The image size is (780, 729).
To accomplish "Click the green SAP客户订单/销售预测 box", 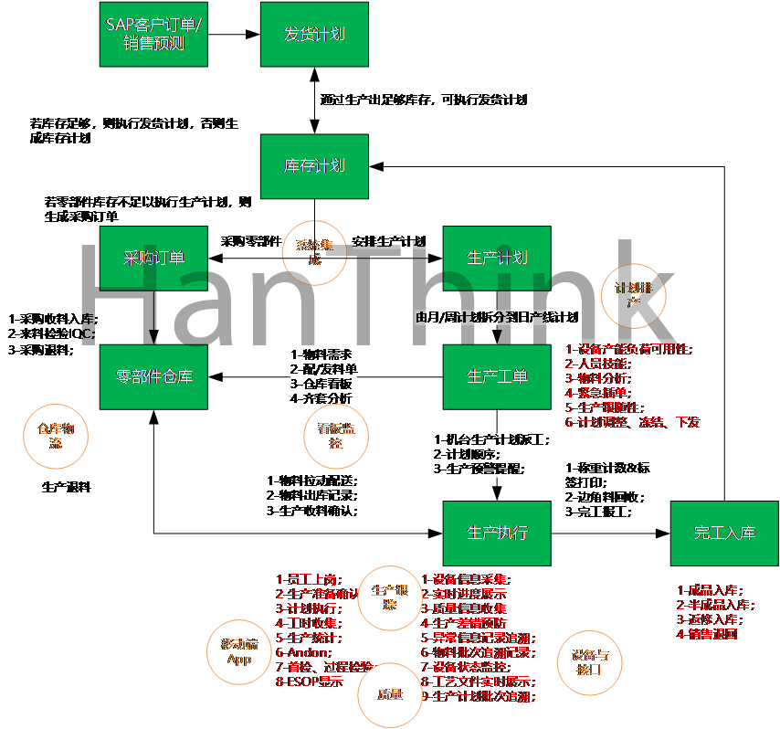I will [x=153, y=34].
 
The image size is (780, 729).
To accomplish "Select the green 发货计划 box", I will [x=314, y=34].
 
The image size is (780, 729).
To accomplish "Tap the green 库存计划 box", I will [x=314, y=166].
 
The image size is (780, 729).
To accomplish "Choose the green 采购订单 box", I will [x=153, y=258].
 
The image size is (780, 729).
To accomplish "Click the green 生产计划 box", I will [x=497, y=258].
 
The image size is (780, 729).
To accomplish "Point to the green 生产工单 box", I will [x=497, y=376].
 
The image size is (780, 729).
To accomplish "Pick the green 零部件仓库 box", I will [x=153, y=376].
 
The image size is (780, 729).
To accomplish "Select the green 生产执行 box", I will [x=497, y=533].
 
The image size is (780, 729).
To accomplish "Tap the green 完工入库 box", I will [x=724, y=533].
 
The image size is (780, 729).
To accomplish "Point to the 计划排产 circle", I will [x=634, y=295].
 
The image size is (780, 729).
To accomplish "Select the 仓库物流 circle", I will [x=56, y=436].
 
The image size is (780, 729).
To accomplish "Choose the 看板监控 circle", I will [x=336, y=438].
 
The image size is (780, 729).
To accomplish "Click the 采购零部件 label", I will [x=251, y=242].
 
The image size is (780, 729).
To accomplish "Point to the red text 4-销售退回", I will [x=707, y=634].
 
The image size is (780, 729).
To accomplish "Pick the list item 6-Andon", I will [x=298, y=652].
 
